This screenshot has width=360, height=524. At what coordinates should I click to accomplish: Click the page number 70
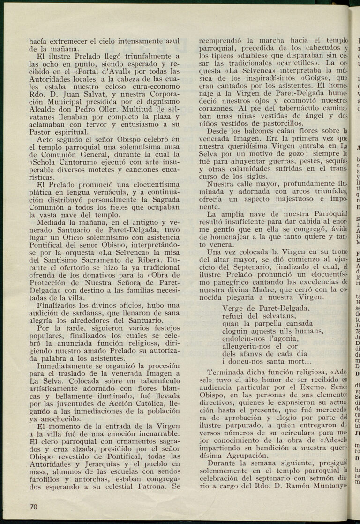[33, 507]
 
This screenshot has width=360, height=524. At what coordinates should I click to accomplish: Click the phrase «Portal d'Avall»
[107, 72]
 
